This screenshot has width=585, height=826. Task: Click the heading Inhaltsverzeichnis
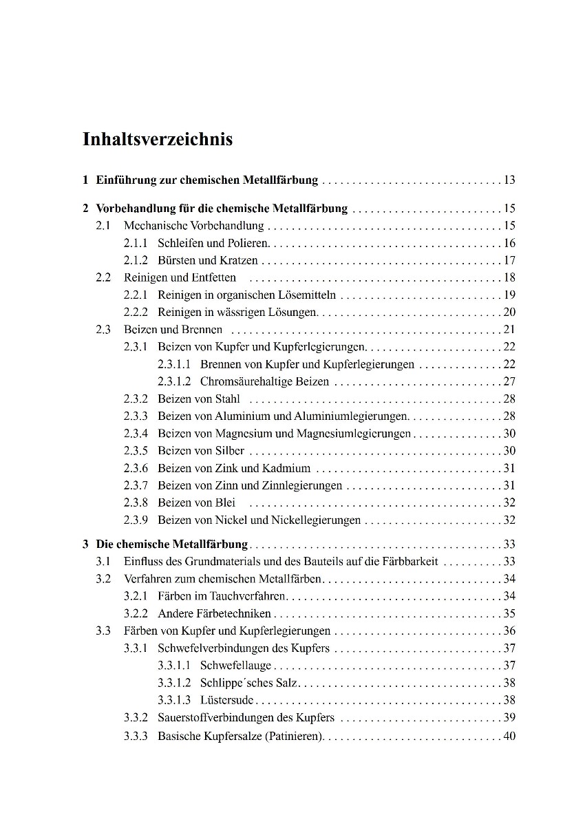pos(158,140)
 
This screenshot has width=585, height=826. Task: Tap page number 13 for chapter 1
pos(509,181)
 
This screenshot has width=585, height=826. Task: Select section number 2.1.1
pos(136,243)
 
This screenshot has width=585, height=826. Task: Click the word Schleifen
pos(180,243)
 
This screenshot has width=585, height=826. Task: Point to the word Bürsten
pos(176,260)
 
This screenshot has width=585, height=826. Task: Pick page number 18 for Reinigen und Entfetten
pos(509,277)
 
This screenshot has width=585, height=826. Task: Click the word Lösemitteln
pos(308,295)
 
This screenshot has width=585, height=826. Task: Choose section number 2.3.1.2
pos(173,381)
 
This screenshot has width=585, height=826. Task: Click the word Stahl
pos(228,399)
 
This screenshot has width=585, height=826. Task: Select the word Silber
pos(230,451)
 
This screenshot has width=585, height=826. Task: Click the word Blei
pos(225,502)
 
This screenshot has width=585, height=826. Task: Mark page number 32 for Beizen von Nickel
pos(509,520)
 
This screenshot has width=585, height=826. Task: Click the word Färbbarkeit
pos(409,561)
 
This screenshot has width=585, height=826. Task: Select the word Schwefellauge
pos(235,665)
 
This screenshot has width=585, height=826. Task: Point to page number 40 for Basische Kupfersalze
pos(509,737)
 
